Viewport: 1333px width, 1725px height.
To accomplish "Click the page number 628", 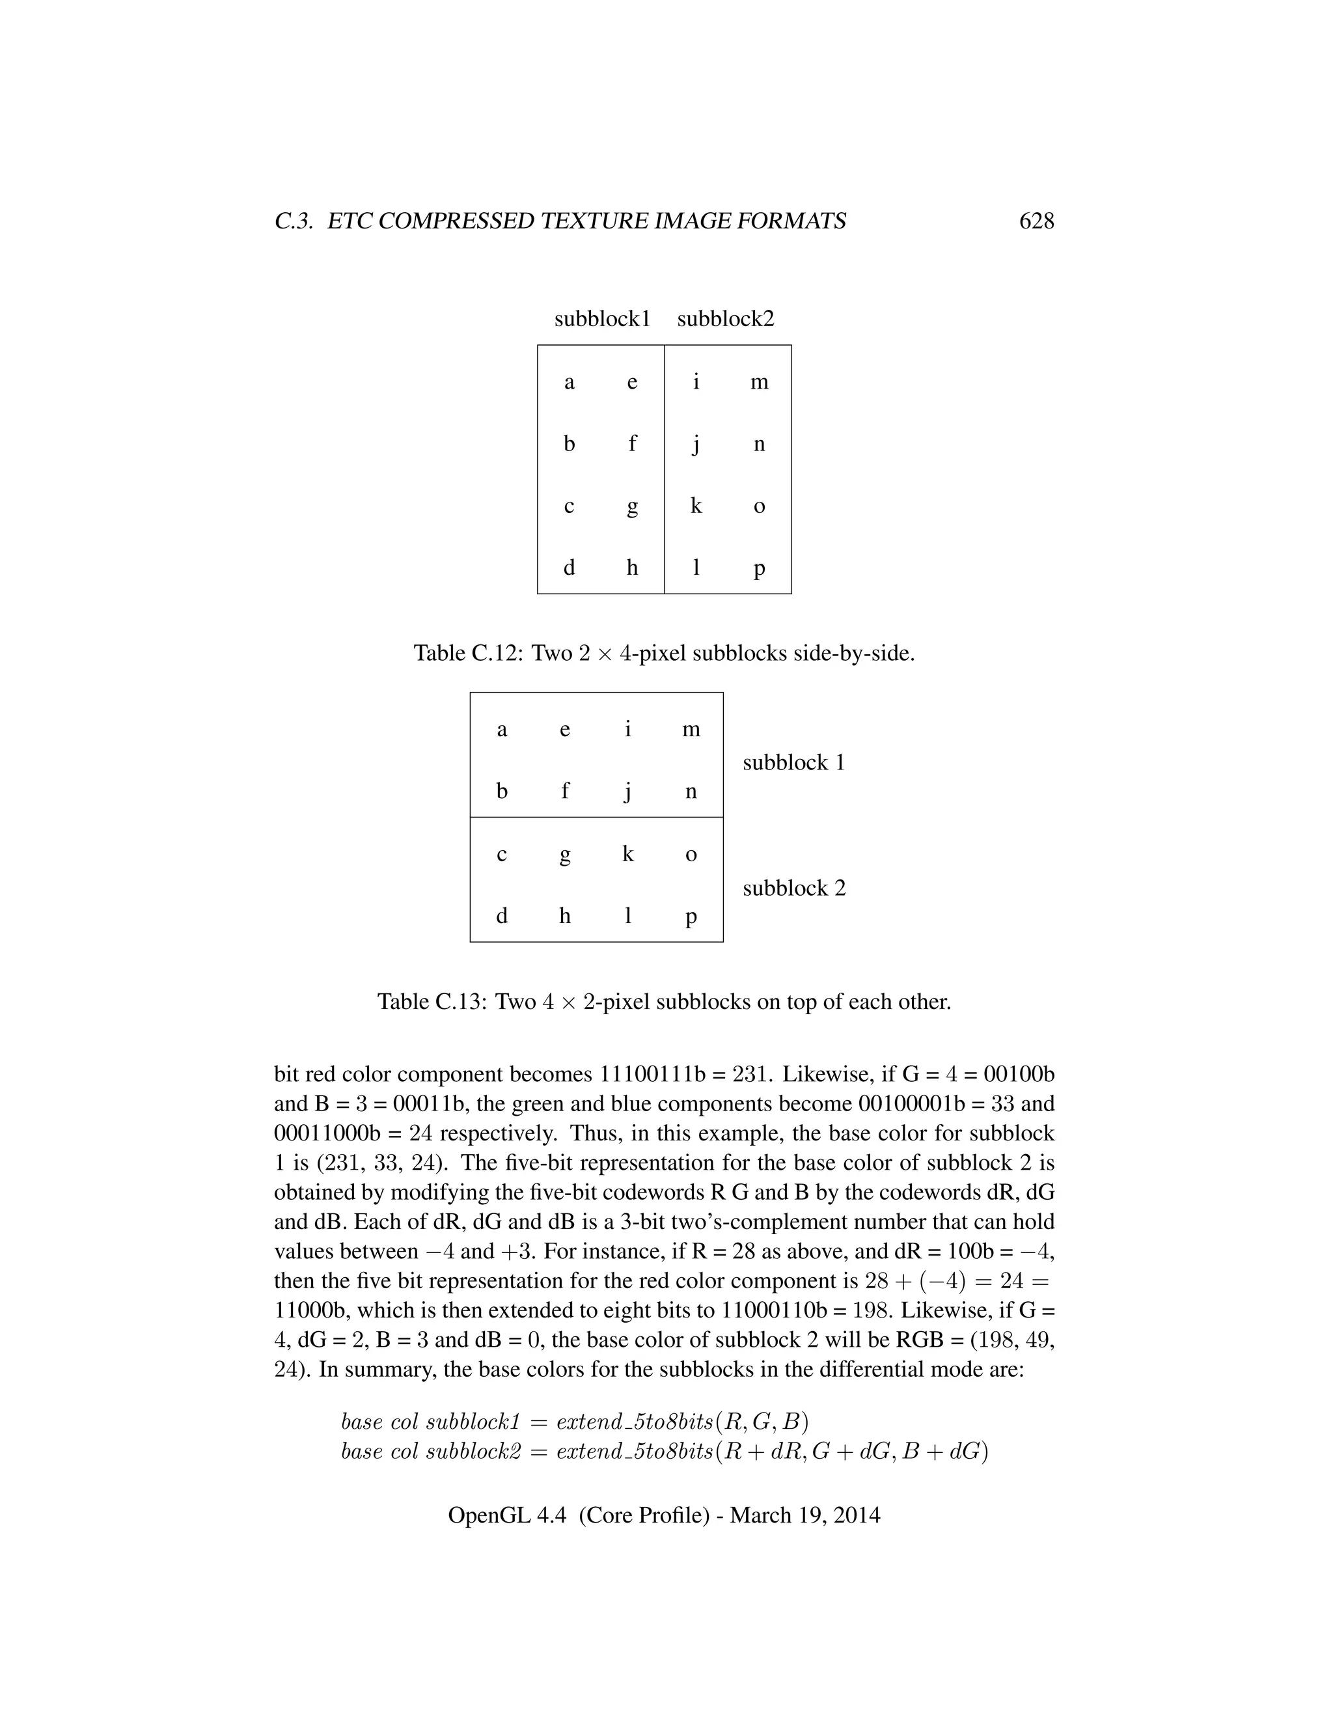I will click(x=1036, y=221).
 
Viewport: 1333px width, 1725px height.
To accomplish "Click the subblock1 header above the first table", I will click(x=602, y=318).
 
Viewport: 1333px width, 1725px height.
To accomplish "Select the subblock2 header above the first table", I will click(x=725, y=318).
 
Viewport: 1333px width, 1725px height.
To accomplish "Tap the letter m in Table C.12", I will click(x=759, y=382).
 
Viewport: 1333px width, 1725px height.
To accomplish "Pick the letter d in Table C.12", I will click(x=569, y=567).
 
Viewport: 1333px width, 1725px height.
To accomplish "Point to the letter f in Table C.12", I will click(x=632, y=443).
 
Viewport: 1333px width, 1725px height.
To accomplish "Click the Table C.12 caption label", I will click(x=467, y=653).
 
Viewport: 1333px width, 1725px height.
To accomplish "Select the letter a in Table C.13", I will click(x=501, y=729).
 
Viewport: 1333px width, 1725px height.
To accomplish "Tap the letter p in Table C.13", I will click(x=691, y=917).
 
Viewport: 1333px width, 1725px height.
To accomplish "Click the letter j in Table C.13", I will click(x=628, y=792).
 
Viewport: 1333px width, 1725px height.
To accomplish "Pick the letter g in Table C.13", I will click(x=564, y=855).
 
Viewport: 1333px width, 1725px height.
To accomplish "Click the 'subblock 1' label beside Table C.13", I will click(x=793, y=762).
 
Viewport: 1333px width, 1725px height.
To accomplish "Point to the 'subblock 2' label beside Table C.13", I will click(x=793, y=888).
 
